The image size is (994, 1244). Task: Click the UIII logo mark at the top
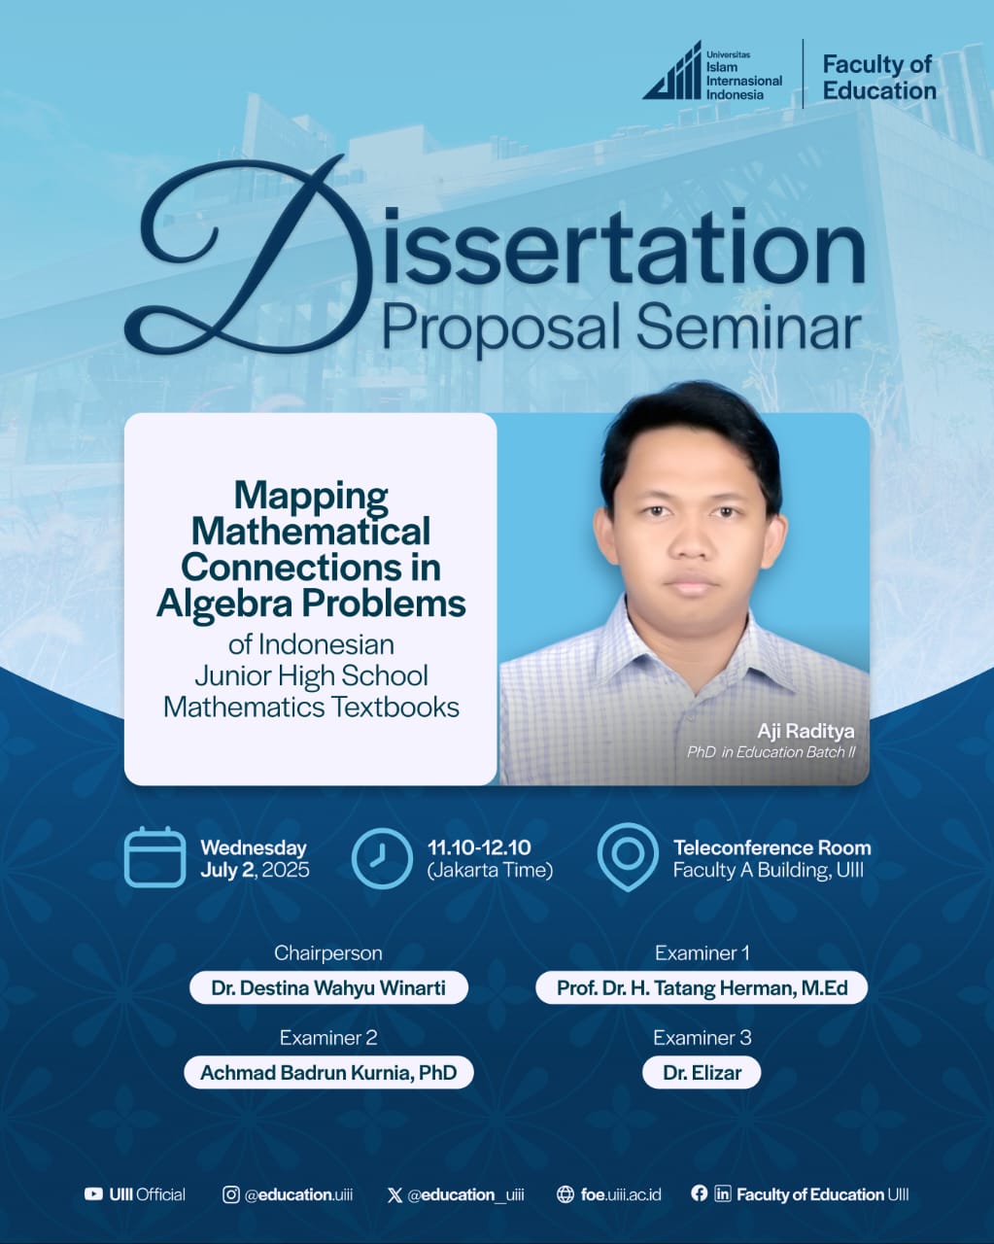click(671, 71)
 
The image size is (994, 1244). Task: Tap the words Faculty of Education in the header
click(879, 78)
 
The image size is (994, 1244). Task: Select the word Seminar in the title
click(749, 328)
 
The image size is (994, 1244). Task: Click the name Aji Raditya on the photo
click(805, 731)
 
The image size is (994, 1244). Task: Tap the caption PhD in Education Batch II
click(771, 752)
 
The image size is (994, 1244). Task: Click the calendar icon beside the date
click(154, 858)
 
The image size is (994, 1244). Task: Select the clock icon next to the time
click(382, 858)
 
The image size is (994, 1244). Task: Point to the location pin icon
click(628, 857)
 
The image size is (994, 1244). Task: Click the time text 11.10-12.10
click(479, 847)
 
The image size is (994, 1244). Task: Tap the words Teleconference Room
click(772, 848)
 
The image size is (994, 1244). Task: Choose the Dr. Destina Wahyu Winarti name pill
click(328, 988)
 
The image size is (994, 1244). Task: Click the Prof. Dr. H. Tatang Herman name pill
click(702, 988)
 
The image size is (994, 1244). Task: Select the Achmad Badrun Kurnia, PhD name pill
click(328, 1073)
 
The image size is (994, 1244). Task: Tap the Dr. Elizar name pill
click(702, 1073)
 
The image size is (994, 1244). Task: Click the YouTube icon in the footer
click(93, 1194)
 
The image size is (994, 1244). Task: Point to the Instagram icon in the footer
click(230, 1194)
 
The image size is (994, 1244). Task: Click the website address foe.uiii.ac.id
click(621, 1194)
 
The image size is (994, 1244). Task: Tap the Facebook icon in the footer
click(699, 1193)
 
